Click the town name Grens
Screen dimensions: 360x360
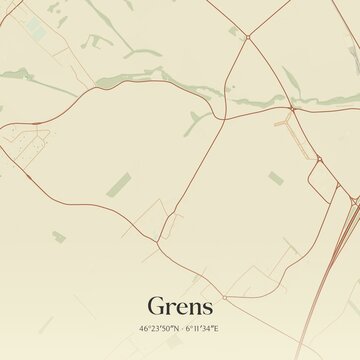tap(180, 305)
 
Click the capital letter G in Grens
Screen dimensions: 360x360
tap(156, 305)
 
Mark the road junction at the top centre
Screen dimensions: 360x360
tap(247, 37)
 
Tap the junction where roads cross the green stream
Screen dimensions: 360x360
tap(290, 108)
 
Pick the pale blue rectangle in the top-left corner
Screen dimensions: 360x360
tap(36, 31)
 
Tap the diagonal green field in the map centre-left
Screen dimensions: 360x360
tap(118, 185)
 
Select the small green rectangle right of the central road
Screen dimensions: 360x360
tap(275, 179)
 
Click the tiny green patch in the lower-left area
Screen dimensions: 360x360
tap(58, 236)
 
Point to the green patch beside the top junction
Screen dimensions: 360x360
tap(233, 30)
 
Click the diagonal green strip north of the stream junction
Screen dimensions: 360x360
tap(290, 80)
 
